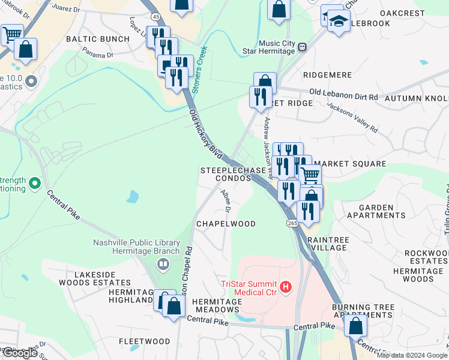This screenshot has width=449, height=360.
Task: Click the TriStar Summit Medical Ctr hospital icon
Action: click(x=286, y=287)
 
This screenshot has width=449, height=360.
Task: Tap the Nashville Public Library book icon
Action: click(x=163, y=264)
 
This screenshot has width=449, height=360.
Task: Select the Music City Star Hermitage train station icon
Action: click(x=303, y=47)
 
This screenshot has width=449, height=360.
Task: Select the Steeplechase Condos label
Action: click(x=233, y=175)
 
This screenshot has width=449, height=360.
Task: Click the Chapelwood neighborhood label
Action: click(x=226, y=224)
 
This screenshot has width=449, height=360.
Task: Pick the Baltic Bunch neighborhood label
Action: click(x=97, y=39)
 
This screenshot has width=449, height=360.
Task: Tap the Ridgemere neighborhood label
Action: click(x=327, y=75)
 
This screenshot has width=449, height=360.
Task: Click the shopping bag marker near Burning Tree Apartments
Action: click(x=356, y=326)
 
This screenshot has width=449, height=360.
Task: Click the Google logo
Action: click(x=20, y=353)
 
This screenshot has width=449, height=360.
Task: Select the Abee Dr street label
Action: click(x=226, y=200)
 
